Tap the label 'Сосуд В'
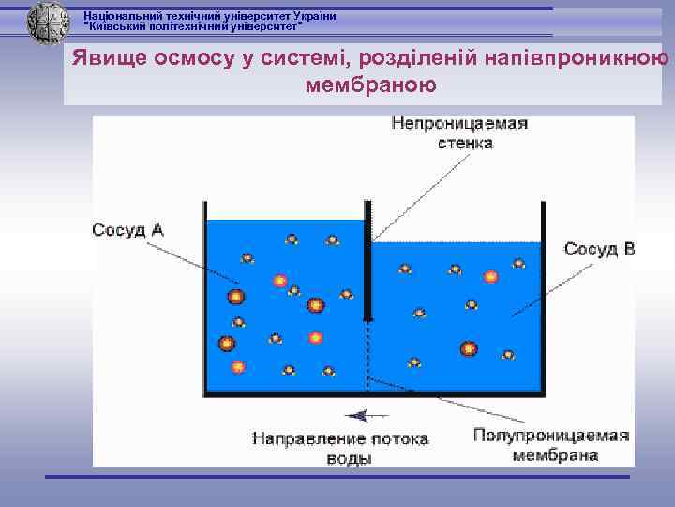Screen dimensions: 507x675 pos(599,249)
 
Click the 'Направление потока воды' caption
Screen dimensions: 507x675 pos(339,448)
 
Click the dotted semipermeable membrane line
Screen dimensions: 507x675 pos(368,357)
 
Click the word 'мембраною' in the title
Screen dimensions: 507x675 pos(370,85)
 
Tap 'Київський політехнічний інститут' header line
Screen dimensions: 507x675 pos(193,27)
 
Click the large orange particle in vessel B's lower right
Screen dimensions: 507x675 pos(468,348)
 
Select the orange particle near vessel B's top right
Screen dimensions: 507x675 pos(490,277)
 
